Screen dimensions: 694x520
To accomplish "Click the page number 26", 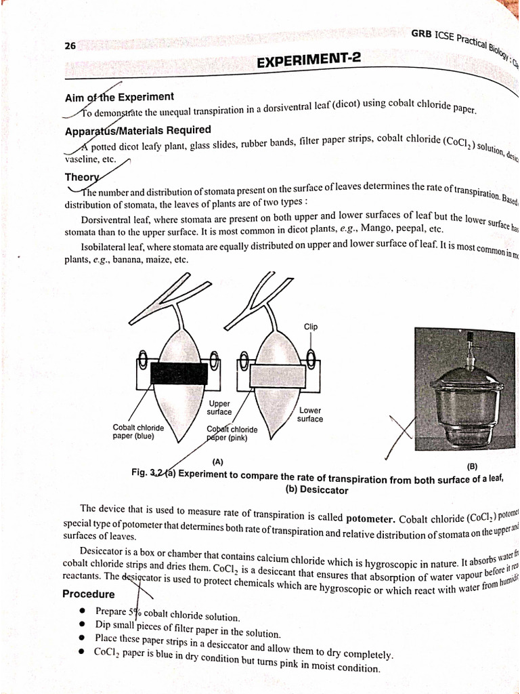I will pos(70,46).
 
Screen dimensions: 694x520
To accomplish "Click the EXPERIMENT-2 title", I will pos(309,61).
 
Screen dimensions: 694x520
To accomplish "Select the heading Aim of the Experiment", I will pos(119,97).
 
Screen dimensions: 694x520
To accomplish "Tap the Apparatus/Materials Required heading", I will pos(137,130).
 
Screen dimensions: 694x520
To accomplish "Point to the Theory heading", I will pos(81,177).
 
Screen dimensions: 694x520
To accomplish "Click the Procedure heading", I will pos(89,594).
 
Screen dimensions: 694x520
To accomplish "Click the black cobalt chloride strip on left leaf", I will pos(179,373).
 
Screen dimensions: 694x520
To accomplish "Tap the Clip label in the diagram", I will pos(310,327).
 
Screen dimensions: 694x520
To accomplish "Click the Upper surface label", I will pos(219,407).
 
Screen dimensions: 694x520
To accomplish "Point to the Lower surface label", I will pos(309,415).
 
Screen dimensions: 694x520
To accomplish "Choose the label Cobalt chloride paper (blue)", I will pos(138,432).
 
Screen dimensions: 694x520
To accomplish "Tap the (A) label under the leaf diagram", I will pos(217,461).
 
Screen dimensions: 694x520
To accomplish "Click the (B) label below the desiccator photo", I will pos(472,466).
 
